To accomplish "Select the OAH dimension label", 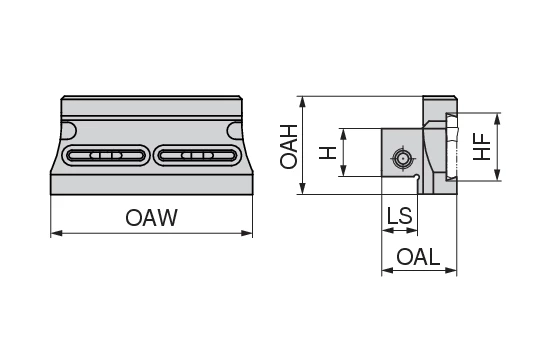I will point(290,146).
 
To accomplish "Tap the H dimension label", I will point(326,153).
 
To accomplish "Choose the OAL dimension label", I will point(418,256).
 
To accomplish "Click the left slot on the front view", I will point(104,156).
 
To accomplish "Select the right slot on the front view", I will point(198,156).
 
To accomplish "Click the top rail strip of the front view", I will point(151,103).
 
